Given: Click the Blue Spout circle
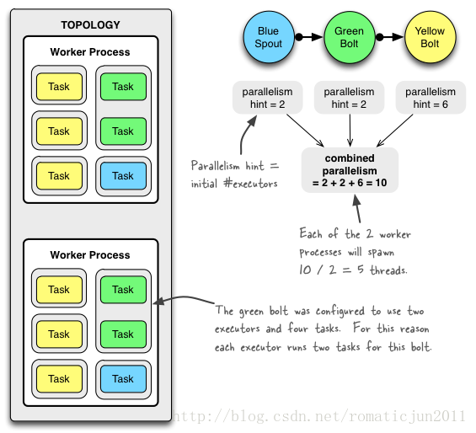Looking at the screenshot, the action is click(x=269, y=37).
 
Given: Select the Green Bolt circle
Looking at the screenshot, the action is click(x=350, y=37).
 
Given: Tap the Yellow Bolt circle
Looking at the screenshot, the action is click(x=431, y=37).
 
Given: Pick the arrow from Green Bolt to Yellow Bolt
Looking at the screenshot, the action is click(x=389, y=37).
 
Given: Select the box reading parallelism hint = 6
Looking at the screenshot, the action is click(x=431, y=98).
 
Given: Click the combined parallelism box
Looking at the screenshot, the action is click(x=350, y=170).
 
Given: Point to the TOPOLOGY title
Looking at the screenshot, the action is click(x=90, y=25).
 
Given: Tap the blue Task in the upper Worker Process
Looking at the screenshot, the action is click(x=123, y=176).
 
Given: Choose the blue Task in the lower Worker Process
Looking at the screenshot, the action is click(x=123, y=379).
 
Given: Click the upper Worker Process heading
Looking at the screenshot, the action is click(x=90, y=52).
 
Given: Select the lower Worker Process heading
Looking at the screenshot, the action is click(x=90, y=255).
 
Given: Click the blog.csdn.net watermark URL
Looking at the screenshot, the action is click(x=318, y=416).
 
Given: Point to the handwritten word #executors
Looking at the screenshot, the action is click(x=250, y=184).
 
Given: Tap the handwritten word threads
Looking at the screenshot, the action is click(x=388, y=270).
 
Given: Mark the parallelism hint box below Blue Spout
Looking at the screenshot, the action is click(x=267, y=98).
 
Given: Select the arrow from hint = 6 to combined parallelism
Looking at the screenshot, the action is click(x=394, y=131).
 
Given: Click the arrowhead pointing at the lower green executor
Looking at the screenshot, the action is click(x=158, y=302).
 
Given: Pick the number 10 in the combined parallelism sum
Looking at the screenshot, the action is click(x=381, y=183).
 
